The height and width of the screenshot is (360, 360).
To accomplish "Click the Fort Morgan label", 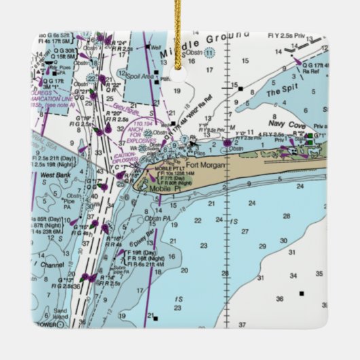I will point(204,164).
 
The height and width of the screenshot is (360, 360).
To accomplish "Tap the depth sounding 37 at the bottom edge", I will point(242,325).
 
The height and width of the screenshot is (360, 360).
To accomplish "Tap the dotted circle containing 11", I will point(210,52).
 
